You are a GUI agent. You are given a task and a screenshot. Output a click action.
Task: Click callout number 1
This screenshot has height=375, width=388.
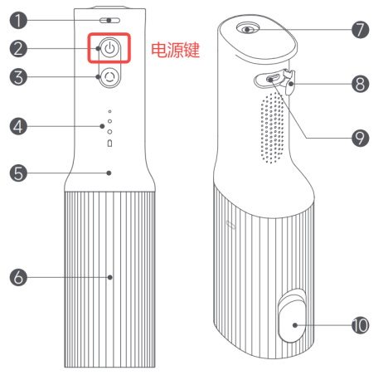(18, 20)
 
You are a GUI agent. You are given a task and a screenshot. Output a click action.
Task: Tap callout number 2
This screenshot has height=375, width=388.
(18, 49)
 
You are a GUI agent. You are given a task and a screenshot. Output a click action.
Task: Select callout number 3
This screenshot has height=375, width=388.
(18, 77)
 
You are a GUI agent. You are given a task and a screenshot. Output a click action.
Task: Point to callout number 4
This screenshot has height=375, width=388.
(18, 126)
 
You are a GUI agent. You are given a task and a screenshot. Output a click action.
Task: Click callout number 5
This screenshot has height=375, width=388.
(18, 173)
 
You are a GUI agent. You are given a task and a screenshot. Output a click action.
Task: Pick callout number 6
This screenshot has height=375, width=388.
(18, 277)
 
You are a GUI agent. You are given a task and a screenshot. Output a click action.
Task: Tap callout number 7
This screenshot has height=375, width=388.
(360, 30)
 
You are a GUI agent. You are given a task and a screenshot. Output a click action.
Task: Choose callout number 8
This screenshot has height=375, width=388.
(360, 84)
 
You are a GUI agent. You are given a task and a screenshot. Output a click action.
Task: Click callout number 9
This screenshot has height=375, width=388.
(360, 138)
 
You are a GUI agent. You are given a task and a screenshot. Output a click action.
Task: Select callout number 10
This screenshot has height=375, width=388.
(360, 325)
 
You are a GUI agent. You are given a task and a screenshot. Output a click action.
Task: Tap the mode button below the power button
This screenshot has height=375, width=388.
(109, 77)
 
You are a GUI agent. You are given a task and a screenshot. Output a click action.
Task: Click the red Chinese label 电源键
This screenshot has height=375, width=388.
(175, 50)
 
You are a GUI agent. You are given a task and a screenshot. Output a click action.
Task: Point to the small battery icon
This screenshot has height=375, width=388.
(109, 144)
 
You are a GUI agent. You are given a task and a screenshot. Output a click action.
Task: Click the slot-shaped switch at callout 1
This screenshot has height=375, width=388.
(109, 20)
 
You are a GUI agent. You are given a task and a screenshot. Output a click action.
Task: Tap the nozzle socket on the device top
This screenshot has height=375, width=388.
(248, 28)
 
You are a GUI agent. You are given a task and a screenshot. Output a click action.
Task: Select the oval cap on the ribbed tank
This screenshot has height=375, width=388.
(292, 315)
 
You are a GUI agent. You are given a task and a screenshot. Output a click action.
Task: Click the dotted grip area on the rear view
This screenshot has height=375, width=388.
(272, 128)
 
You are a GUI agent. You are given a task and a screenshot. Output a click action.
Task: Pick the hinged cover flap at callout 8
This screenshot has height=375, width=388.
(289, 82)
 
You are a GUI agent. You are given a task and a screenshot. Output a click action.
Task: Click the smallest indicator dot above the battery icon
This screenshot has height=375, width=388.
(109, 111)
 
